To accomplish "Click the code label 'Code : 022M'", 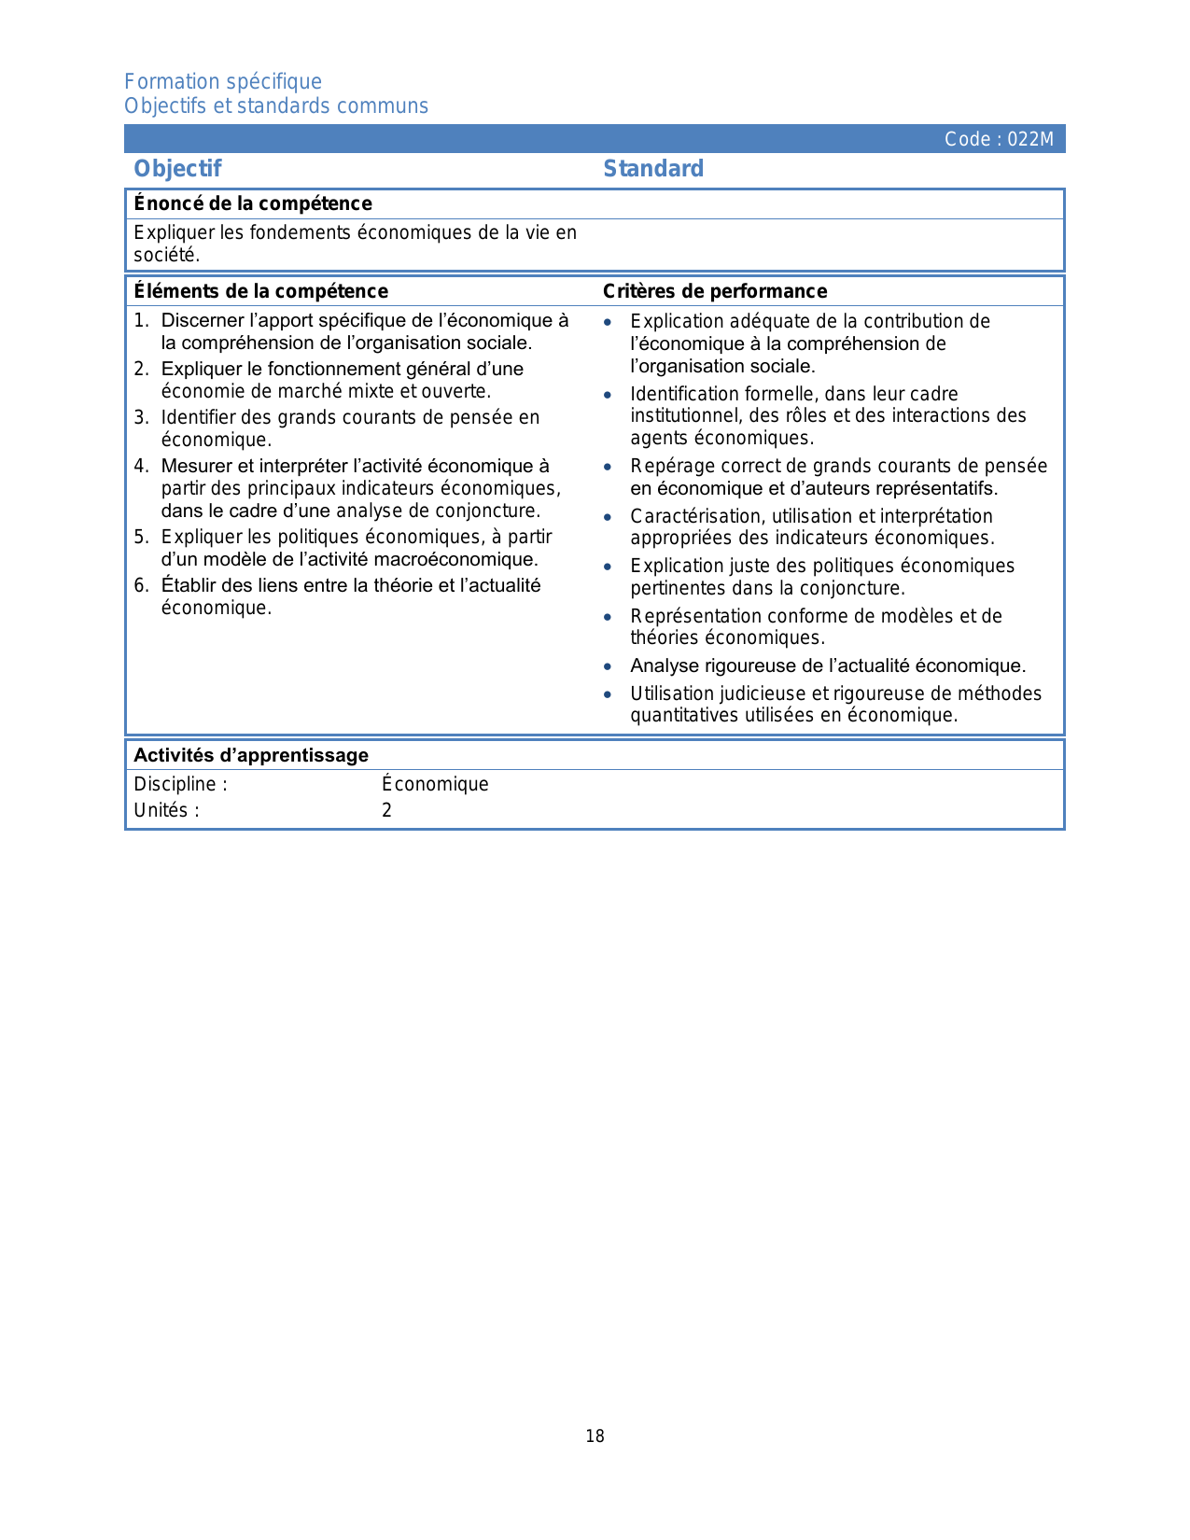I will pos(999,139).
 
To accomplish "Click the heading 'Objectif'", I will pos(177,169).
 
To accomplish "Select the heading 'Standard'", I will pos(653,169).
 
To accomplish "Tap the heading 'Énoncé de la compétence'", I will pos(253,203).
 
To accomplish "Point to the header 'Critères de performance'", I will pos(715,291).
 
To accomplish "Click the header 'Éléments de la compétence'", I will pos(260,291).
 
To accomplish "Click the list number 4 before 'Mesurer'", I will pos(140,466).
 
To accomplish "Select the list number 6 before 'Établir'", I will pos(140,585).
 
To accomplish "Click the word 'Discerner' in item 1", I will pos(202,321).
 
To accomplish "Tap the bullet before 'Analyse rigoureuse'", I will pos(608,666).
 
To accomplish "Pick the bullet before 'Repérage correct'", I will pos(608,467).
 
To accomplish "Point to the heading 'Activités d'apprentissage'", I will pos(251,755).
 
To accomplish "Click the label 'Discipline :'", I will pos(180,784).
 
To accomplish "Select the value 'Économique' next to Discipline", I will pos(435,784).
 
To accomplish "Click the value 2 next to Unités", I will pos(386,810).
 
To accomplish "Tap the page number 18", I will pos(595,1436).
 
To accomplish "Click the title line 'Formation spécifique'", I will pos(223,82).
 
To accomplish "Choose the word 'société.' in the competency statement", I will pos(167,255).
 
